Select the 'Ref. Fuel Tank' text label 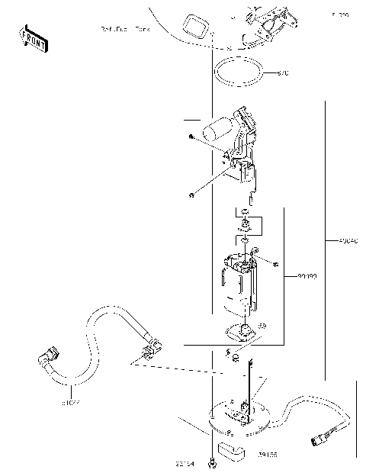coord(124,28)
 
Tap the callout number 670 coord(283,73)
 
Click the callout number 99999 coord(307,278)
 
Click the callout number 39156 coord(268,455)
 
